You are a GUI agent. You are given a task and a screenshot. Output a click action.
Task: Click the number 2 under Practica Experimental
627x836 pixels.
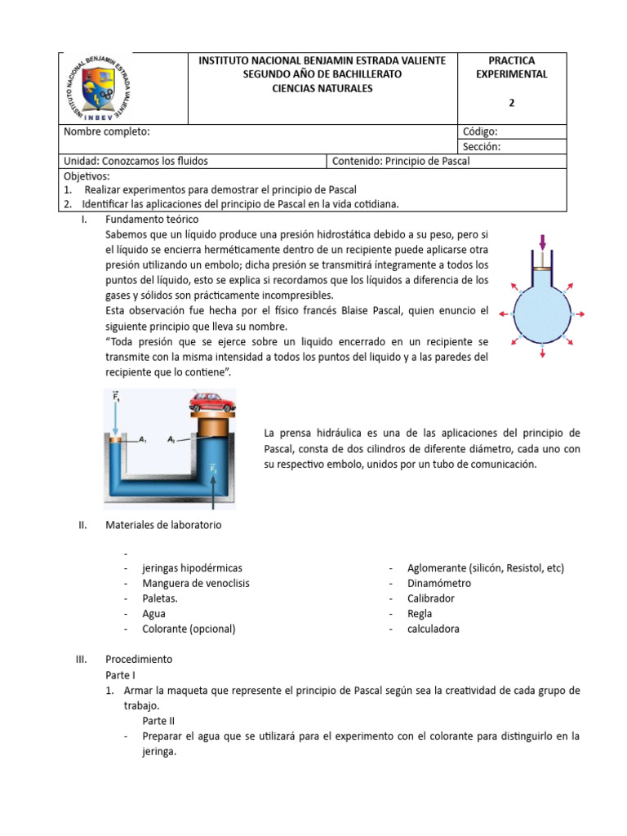512,103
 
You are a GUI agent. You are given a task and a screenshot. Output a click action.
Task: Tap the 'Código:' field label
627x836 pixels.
480,131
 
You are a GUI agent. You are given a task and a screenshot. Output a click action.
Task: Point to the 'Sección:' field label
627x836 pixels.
481,147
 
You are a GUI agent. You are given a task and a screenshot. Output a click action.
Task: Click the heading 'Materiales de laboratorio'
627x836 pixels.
163,525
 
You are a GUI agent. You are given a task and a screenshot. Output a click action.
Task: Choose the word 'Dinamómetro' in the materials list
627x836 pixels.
439,583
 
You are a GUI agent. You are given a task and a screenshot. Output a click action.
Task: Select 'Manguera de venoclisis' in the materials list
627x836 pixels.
196,583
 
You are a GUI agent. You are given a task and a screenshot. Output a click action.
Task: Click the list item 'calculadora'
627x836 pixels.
434,629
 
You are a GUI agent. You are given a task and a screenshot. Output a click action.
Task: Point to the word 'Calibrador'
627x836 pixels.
431,598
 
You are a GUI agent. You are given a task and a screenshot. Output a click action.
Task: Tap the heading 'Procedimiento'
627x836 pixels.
139,659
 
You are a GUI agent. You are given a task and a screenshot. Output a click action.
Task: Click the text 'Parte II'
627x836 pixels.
158,720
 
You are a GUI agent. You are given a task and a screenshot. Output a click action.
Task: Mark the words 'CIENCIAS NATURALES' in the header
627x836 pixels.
322,88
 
